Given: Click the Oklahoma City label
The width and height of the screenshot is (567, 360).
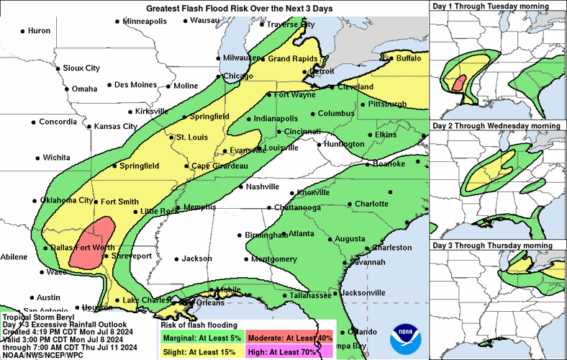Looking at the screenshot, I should click(x=66, y=200).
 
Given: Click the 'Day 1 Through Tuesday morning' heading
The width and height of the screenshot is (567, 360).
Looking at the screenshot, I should click(x=490, y=6).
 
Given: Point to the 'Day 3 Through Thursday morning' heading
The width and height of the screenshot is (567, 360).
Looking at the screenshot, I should click(x=492, y=246).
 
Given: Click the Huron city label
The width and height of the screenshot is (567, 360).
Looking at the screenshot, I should click(x=39, y=31).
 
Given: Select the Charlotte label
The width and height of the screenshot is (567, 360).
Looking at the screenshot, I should click(x=371, y=204).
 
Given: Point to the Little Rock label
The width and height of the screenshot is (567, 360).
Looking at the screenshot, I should click(x=158, y=211).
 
